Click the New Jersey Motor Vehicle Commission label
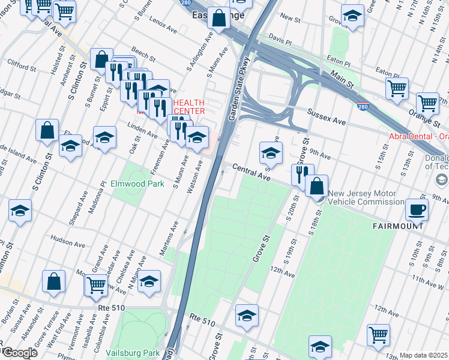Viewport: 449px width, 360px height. point(366,197)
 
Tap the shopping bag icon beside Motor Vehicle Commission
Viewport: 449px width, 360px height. point(316,186)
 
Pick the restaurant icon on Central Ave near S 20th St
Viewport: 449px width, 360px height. point(303,174)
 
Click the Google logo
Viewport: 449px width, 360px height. point(19,353)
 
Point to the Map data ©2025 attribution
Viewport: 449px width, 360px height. point(423,355)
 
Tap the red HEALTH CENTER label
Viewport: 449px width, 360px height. point(189,107)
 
